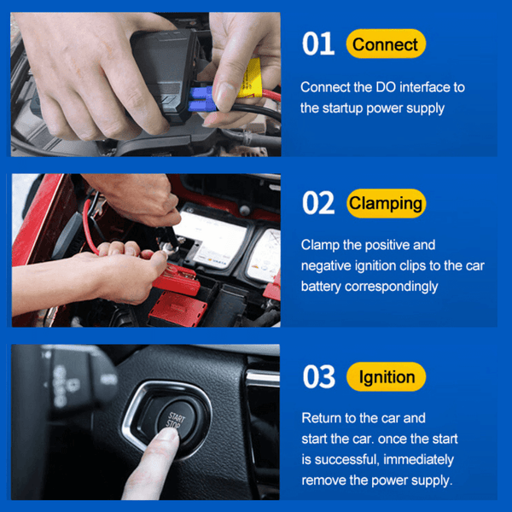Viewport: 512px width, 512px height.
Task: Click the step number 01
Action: (x=318, y=44)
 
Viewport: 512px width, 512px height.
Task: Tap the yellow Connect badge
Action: (x=386, y=44)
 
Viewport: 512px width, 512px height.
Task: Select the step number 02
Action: (x=319, y=204)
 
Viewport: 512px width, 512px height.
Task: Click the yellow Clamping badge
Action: (x=386, y=204)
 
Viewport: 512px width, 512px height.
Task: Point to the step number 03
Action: (x=319, y=377)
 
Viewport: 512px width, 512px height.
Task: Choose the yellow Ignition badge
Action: (x=387, y=377)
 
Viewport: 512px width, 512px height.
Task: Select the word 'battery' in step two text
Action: (x=322, y=286)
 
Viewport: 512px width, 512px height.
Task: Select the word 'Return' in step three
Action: (x=323, y=418)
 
